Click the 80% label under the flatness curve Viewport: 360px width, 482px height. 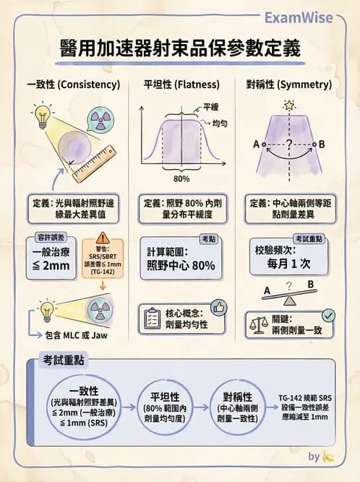[x=182, y=178]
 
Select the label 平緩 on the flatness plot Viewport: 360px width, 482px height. [x=210, y=106]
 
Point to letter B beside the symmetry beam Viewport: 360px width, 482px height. [x=322, y=145]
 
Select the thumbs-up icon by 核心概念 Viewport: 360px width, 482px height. [x=218, y=309]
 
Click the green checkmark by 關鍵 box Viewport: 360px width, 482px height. [x=327, y=315]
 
